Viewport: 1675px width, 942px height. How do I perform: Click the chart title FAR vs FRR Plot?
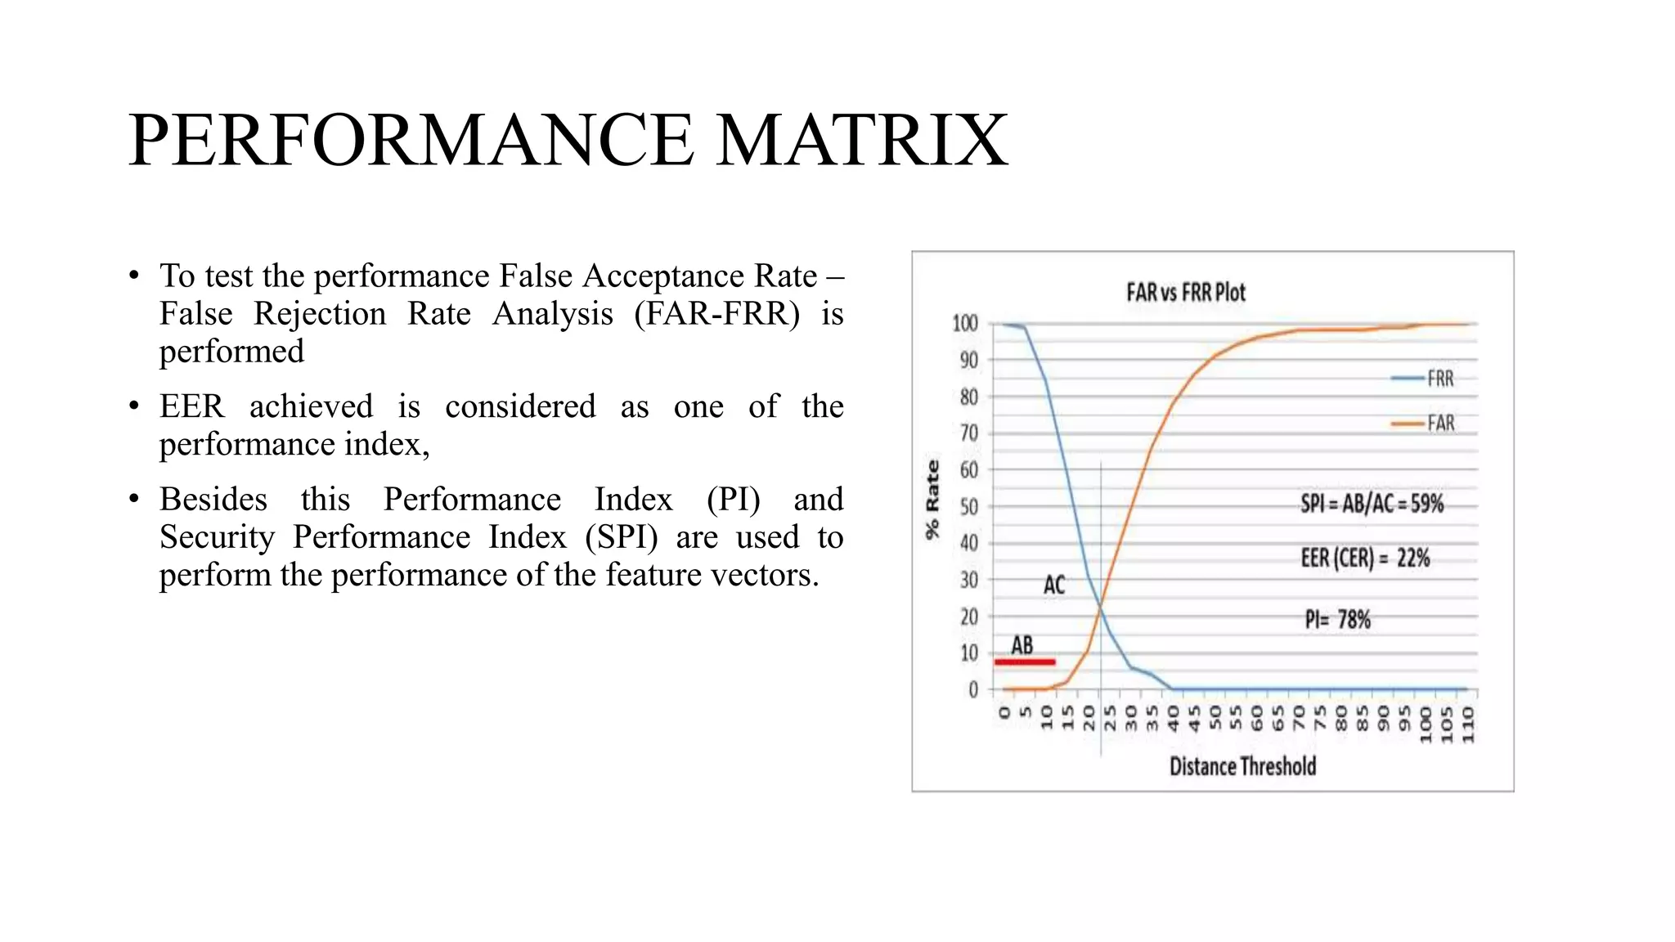pyautogui.click(x=1185, y=293)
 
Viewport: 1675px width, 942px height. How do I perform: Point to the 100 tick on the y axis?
pyautogui.click(x=965, y=324)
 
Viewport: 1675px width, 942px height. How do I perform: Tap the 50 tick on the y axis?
pyautogui.click(x=968, y=507)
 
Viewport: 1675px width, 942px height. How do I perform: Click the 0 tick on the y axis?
pyautogui.click(x=973, y=690)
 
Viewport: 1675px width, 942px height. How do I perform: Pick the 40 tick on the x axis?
pyautogui.click(x=1173, y=718)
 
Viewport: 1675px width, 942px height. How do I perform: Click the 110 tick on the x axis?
pyautogui.click(x=1467, y=724)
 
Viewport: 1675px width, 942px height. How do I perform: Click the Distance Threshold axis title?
pyautogui.click(x=1242, y=766)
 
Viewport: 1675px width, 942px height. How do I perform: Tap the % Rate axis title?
pyautogui.click(x=932, y=500)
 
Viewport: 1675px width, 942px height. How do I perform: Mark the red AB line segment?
pyautogui.click(x=1024, y=662)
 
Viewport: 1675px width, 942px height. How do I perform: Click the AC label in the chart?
pyautogui.click(x=1054, y=585)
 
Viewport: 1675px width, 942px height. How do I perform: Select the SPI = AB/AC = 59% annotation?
pyautogui.click(x=1372, y=504)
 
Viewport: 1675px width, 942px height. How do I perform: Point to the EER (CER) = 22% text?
pyautogui.click(x=1365, y=558)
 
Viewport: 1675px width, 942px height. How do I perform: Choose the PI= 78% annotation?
pyautogui.click(x=1337, y=620)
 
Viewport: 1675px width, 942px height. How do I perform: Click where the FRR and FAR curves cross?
pyautogui.click(x=1101, y=608)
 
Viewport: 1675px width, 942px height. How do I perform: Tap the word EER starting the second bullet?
pyautogui.click(x=191, y=406)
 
